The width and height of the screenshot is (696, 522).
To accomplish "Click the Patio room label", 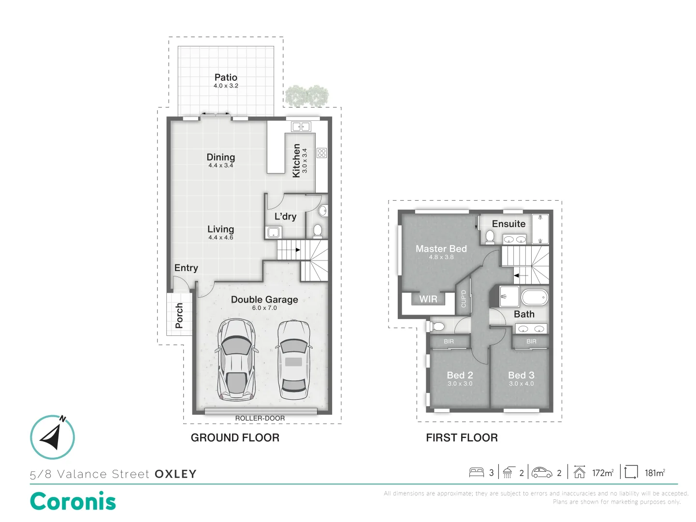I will coord(226,77).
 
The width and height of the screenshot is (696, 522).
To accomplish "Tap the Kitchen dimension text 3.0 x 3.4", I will coord(304,160).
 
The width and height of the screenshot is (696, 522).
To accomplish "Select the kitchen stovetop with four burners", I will coord(321,153).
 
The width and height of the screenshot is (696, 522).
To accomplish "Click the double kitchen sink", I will coord(301,127).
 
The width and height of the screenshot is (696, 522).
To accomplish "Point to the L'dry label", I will coord(285,217).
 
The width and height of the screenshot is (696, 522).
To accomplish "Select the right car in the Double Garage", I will coord(293,360).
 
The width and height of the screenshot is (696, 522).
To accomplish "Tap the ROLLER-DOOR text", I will coord(260,418).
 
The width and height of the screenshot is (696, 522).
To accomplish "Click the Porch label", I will coord(179,316).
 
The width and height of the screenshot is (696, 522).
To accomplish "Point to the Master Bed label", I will coord(441,248).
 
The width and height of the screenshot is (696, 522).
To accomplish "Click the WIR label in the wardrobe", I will coord(428,299).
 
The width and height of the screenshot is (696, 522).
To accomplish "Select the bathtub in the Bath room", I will coord(534,297).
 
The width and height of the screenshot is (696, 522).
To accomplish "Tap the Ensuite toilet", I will coord(490,236).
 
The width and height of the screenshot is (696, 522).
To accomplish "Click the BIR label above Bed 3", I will coord(531,341).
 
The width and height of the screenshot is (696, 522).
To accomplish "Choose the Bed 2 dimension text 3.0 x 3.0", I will coord(460,384).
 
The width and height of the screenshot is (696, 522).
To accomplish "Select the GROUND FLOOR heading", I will coord(235,438).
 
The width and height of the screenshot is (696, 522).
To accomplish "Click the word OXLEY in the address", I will coord(175,474).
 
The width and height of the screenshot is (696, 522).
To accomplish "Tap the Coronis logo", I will coord(73,501).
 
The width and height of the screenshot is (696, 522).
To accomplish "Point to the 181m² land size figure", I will coord(654,473).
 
